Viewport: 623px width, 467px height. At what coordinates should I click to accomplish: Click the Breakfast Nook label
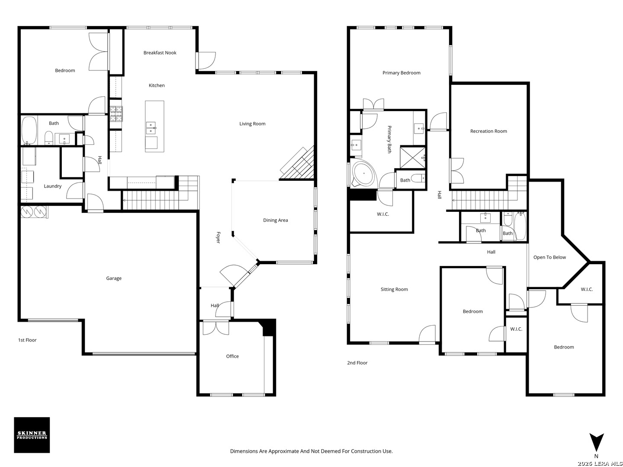pos(160,53)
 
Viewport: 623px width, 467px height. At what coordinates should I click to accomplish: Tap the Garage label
pos(114,278)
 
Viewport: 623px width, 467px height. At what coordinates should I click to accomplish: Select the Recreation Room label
pos(488,131)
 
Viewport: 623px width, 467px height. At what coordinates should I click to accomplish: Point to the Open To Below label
pos(549,257)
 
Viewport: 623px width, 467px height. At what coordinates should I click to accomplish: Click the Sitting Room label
pos(394,290)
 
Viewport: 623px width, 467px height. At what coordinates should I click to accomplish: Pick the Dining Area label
pos(275,221)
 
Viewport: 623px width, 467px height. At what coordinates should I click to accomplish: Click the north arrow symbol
pos(596,442)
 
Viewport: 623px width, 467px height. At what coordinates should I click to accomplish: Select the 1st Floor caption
pos(27,340)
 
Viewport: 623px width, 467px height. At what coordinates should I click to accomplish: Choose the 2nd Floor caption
pos(357,363)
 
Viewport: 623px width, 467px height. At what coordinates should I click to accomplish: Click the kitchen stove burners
pos(116,114)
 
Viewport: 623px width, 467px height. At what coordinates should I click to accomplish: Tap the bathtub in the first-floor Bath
pos(29,131)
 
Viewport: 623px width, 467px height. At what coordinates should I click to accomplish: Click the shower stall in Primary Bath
pos(413,158)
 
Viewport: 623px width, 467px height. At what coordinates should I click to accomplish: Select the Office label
pos(232,356)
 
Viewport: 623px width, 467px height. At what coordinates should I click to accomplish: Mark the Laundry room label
pos(52,186)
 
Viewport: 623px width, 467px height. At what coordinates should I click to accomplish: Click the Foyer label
pos(218,238)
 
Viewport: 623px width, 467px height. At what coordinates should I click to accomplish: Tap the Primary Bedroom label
pos(401,73)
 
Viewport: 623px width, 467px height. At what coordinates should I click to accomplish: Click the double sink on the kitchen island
pos(151,128)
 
